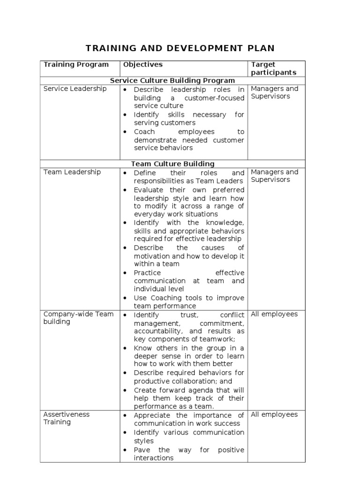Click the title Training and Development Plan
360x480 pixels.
click(180, 48)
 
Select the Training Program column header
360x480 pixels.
click(76, 65)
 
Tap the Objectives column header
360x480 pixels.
click(142, 65)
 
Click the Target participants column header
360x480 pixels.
click(273, 68)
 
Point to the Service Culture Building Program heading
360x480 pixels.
click(172, 81)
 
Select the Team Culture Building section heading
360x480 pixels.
click(172, 164)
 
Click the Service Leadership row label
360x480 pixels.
click(75, 89)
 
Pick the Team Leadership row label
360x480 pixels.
click(72, 172)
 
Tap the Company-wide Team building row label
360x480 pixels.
click(78, 318)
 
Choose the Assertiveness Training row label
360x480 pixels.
click(67, 418)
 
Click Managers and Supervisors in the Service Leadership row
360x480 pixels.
click(274, 92)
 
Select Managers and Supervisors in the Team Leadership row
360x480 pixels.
click(274, 176)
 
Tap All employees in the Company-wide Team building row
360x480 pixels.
click(274, 314)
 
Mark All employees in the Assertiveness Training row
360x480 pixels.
click(274, 414)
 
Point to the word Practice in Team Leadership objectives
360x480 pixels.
click(147, 273)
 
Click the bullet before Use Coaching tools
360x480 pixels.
click(125, 298)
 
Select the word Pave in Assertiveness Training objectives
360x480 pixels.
click(142, 450)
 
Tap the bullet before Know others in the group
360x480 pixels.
click(125, 348)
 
